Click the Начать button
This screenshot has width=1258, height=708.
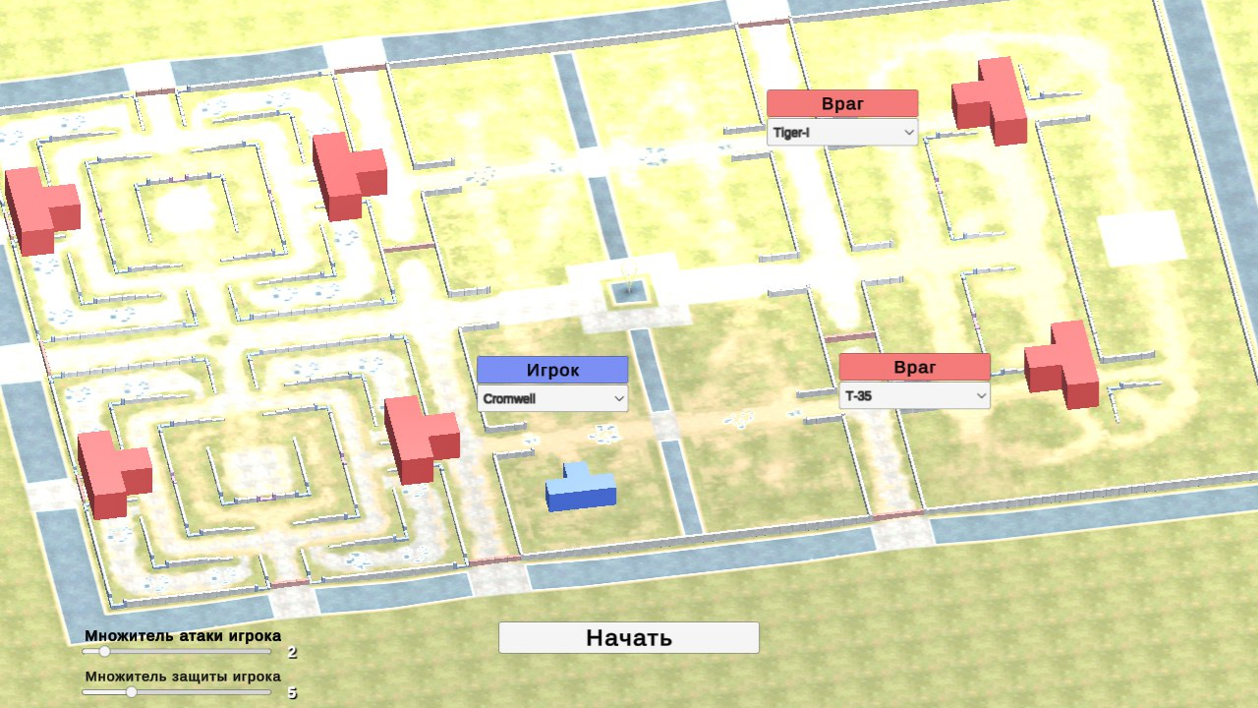point(629,637)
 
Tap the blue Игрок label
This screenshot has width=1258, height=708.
point(552,370)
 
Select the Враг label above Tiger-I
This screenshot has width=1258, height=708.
point(842,103)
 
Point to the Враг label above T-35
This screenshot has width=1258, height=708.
point(915,367)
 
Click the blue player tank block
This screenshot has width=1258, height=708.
point(581,488)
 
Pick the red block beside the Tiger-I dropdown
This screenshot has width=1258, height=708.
point(991,101)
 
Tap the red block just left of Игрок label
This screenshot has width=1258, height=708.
point(421,439)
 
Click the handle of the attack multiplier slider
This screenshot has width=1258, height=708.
point(104,651)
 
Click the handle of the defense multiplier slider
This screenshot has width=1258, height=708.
point(132,691)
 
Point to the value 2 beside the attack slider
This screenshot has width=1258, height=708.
point(292,652)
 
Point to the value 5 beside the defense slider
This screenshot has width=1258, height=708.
point(292,692)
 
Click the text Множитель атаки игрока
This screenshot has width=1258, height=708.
point(183,635)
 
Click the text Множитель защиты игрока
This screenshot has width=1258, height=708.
point(183,676)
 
